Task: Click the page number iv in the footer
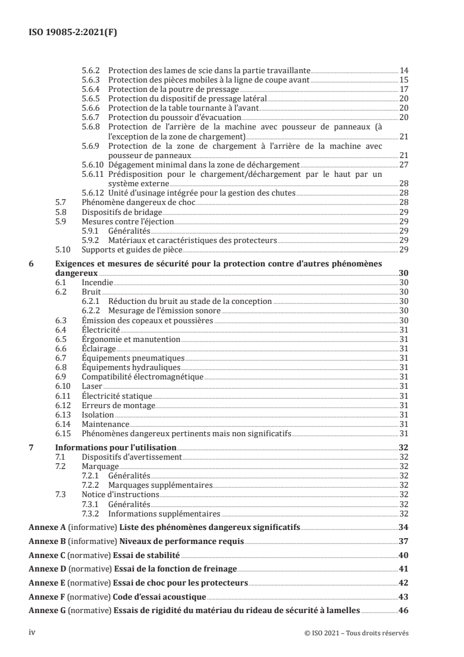pos(32,632)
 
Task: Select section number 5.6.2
pos(92,69)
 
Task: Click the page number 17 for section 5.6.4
pos(403,90)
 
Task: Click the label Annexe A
pos(47,527)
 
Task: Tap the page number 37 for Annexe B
pos(403,541)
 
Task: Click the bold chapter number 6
pos(32,265)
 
